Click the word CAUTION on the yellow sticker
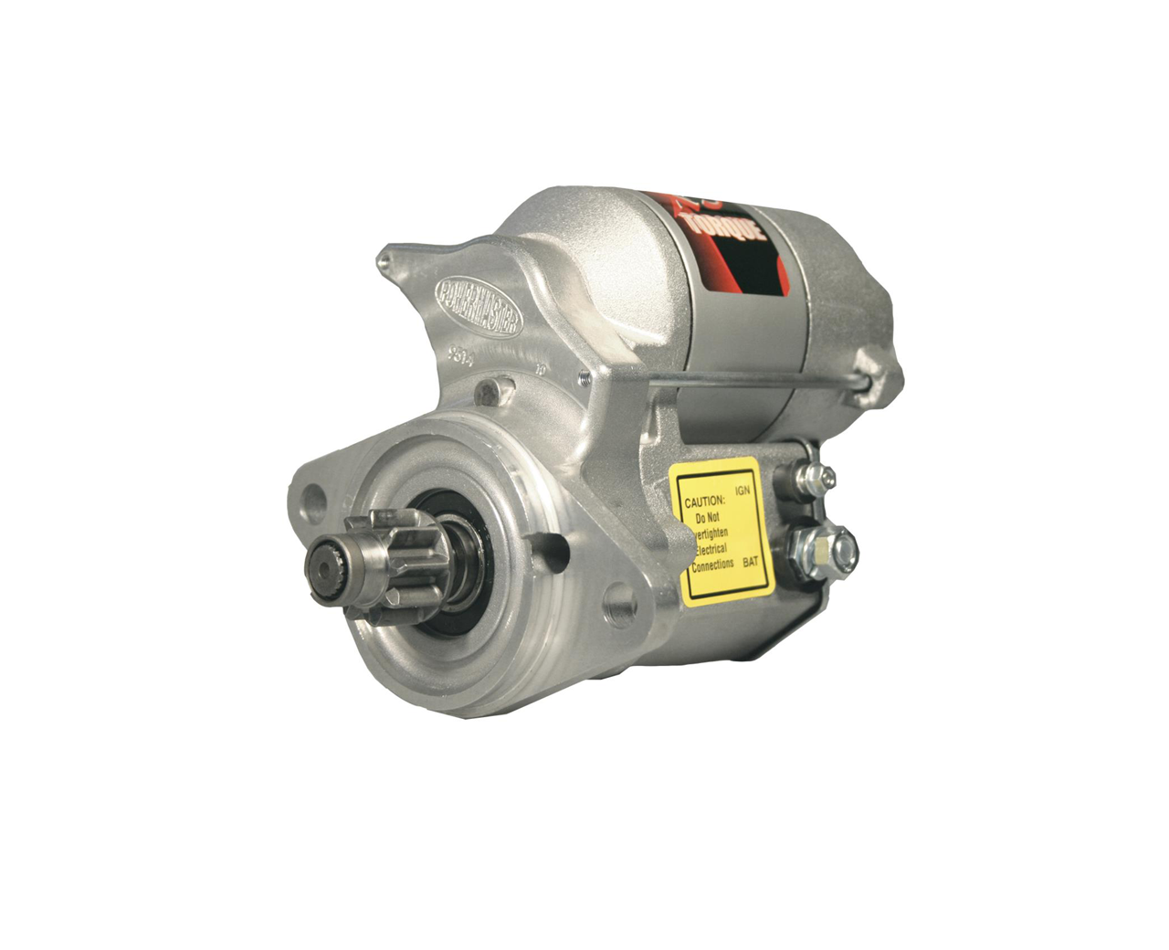(x=705, y=501)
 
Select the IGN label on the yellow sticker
(x=742, y=491)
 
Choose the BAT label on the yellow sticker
(x=751, y=562)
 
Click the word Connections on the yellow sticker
(x=712, y=565)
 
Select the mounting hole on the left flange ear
(x=313, y=499)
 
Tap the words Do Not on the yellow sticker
(x=708, y=517)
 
